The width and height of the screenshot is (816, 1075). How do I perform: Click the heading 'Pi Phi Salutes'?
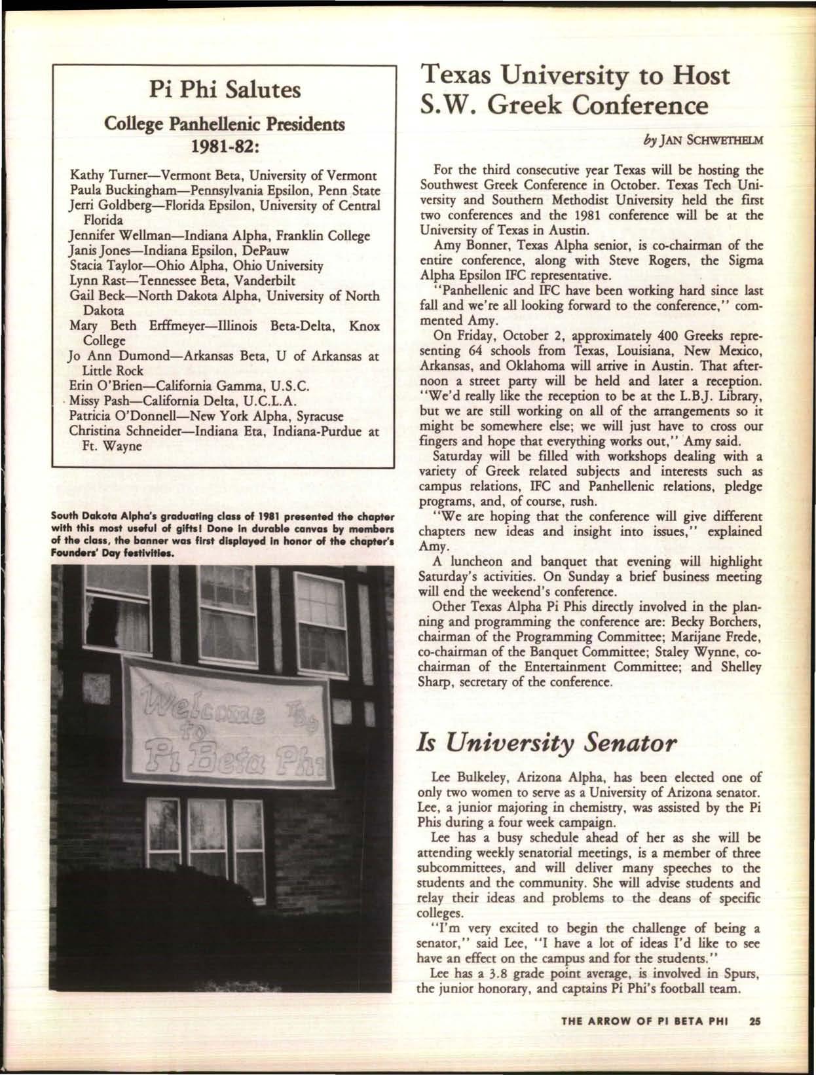(224, 90)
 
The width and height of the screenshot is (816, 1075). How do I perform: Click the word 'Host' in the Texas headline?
(697, 75)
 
